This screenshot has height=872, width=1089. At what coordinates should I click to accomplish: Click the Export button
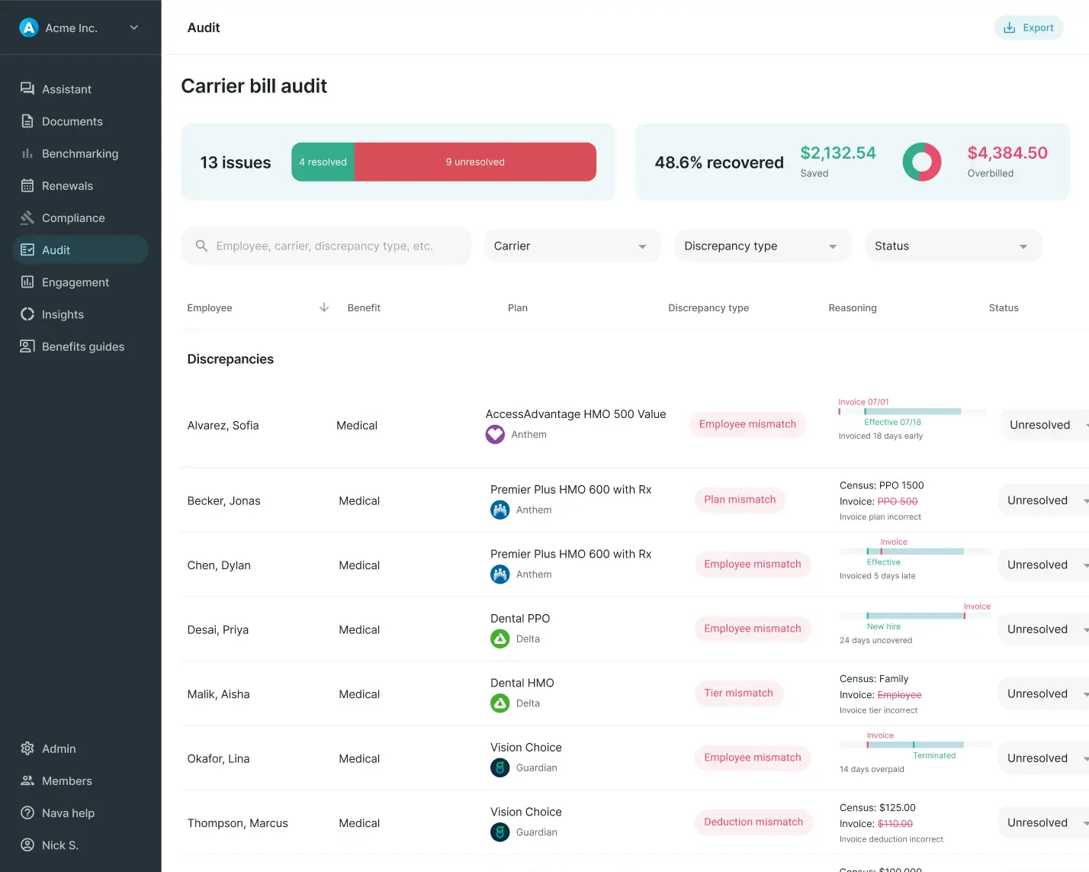(1029, 28)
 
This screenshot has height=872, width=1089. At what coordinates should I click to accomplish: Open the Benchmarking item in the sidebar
(79, 154)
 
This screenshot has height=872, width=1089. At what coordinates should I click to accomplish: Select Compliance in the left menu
(72, 218)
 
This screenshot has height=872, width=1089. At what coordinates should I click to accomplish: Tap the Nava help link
(67, 813)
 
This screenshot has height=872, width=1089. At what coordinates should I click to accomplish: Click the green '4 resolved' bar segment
(323, 162)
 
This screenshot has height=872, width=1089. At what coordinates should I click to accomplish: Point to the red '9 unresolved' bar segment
(475, 162)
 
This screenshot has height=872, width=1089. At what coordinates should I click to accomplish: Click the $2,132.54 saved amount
(837, 153)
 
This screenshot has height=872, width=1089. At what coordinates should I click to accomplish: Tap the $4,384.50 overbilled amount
(1007, 153)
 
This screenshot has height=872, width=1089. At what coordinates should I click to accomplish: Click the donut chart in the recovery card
(922, 162)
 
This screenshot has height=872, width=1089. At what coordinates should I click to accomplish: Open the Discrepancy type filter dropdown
(762, 246)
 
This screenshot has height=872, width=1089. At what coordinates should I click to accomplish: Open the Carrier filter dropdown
(571, 246)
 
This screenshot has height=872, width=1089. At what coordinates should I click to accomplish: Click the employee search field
(326, 246)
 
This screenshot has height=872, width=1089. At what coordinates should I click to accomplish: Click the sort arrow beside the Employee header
(324, 307)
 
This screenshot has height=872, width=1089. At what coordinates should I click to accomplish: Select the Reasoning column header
(852, 308)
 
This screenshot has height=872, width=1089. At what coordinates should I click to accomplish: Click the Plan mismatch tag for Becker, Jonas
(739, 500)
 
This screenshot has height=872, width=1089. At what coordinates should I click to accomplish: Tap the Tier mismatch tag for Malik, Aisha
(737, 693)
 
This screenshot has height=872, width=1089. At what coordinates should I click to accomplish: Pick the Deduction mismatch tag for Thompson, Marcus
(753, 822)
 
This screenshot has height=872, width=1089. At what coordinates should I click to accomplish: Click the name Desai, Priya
(217, 630)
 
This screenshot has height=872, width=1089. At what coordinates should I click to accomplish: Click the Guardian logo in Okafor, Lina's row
(500, 768)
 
